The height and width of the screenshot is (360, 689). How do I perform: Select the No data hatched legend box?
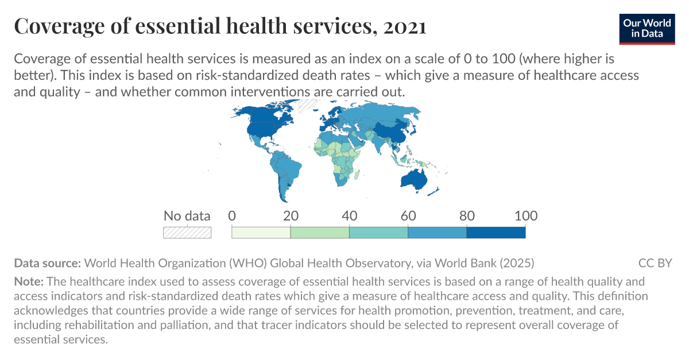[187, 233]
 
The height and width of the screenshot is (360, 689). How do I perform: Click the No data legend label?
[187, 216]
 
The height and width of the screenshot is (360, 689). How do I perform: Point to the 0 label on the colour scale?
[232, 216]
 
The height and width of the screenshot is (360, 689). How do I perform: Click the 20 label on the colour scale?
[291, 216]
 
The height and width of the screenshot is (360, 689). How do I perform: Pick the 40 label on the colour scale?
[349, 216]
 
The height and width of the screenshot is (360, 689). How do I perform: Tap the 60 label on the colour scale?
[408, 216]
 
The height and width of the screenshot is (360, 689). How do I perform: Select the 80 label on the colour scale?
[467, 216]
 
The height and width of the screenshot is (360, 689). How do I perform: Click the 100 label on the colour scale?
[525, 216]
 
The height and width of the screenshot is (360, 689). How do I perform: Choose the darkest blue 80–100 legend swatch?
[496, 233]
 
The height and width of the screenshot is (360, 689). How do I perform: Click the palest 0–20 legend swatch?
[261, 233]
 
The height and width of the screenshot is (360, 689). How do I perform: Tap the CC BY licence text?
[655, 264]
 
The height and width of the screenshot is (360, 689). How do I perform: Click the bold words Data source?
[48, 264]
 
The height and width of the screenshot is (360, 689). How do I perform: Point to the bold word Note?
[28, 282]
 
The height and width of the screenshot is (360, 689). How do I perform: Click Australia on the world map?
[414, 179]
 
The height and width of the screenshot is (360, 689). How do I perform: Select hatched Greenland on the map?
[308, 105]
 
